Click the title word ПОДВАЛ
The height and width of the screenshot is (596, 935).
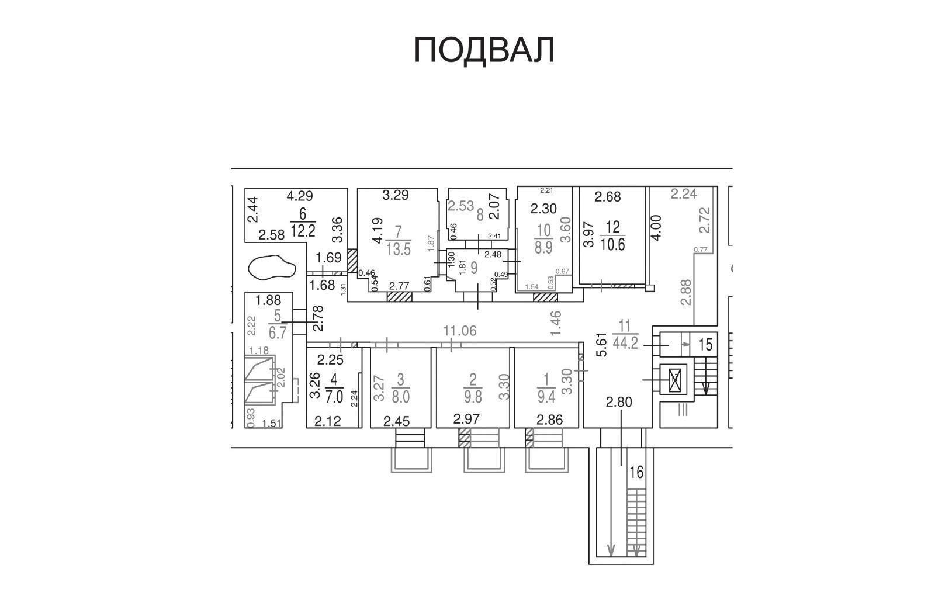[484, 50]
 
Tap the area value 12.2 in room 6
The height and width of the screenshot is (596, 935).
[303, 230]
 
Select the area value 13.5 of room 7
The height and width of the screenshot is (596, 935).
[399, 249]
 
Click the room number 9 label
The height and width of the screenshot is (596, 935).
[474, 267]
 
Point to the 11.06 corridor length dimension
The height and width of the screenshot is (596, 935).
[460, 331]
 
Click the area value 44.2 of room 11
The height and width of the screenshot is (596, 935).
[625, 342]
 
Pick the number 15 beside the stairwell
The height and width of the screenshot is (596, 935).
[705, 345]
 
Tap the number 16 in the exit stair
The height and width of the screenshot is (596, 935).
[637, 473]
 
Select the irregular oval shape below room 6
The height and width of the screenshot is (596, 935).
[272, 267]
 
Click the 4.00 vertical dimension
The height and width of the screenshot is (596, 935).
[657, 227]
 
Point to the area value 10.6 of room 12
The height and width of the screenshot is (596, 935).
[612, 244]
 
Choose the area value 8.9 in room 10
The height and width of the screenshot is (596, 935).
[543, 248]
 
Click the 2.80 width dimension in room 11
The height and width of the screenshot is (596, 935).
[619, 403]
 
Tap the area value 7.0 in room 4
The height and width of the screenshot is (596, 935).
[334, 397]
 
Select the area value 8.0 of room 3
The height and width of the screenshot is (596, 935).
[401, 397]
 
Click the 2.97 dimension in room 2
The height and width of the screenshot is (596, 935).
[466, 418]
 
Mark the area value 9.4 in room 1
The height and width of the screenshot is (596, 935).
[546, 397]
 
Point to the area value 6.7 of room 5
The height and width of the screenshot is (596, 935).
[278, 332]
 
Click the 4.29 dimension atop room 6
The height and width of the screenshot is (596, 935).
[300, 195]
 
